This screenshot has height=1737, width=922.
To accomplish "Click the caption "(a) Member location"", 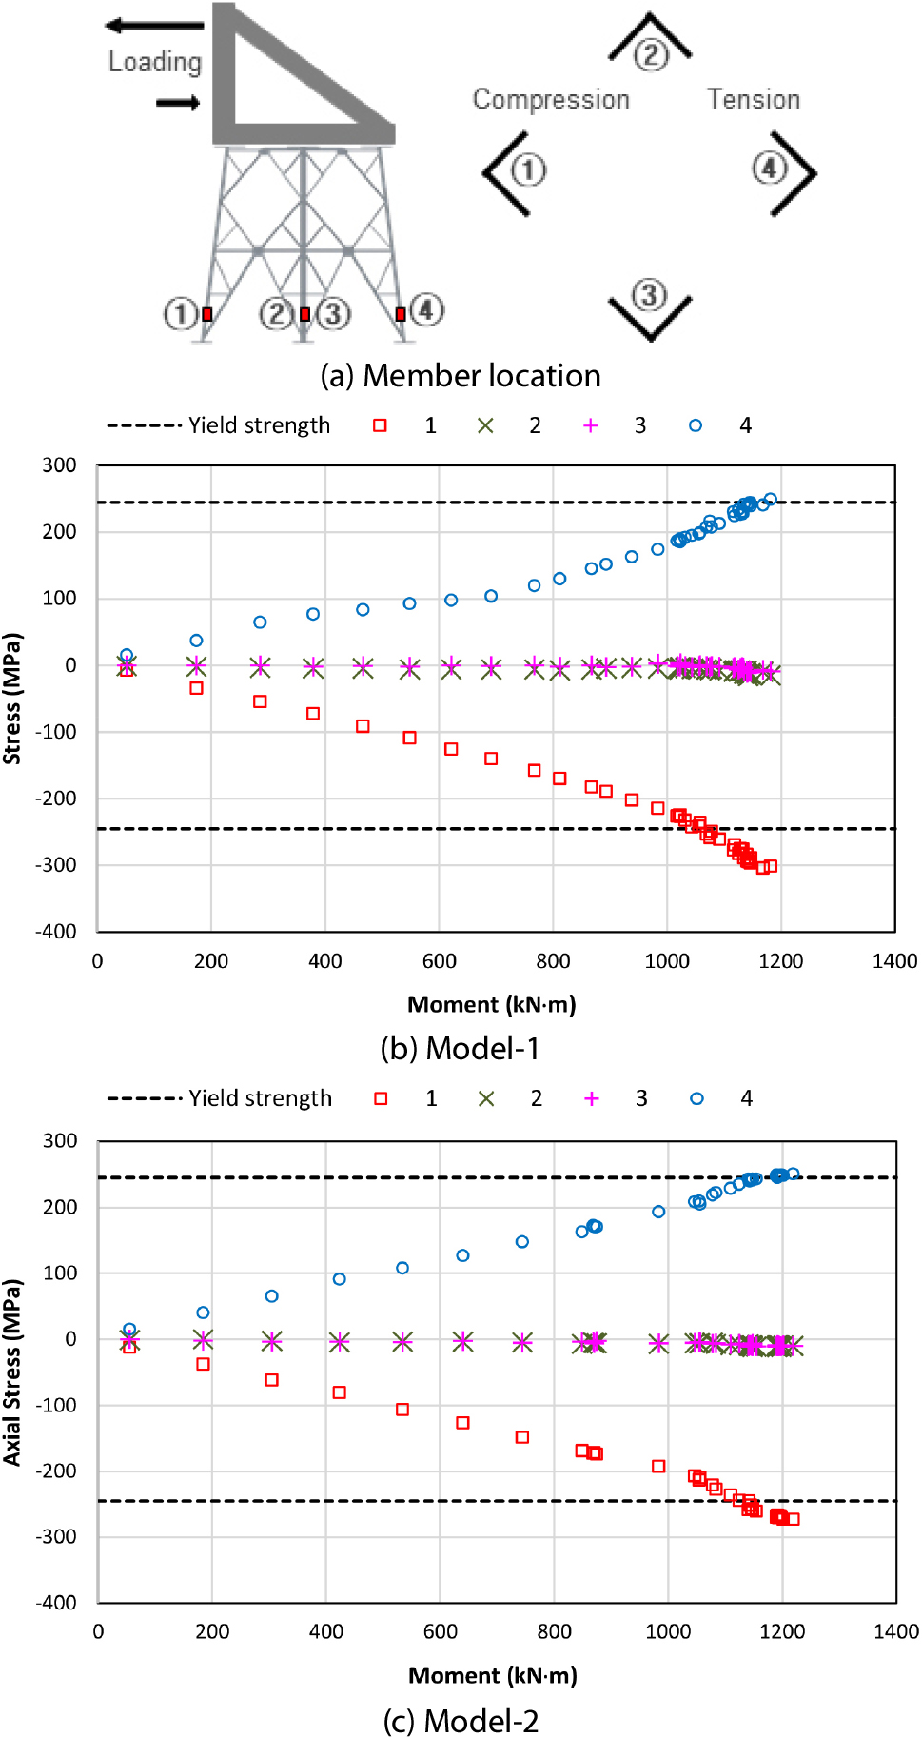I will (x=461, y=376).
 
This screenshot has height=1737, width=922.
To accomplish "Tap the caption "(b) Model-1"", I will (x=461, y=1048).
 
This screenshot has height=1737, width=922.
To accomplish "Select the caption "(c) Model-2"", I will (x=461, y=1721).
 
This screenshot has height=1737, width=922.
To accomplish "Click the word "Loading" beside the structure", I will (x=155, y=63).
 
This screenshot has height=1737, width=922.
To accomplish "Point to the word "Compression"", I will (x=551, y=100).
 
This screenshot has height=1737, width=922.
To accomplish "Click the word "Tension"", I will (x=753, y=99).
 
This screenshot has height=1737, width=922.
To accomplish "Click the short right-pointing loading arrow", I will (x=178, y=103).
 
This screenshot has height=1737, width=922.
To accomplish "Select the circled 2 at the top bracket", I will (x=651, y=54).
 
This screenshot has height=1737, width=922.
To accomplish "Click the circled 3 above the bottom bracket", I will (x=649, y=294).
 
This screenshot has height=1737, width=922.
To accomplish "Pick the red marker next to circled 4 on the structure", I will (x=401, y=314).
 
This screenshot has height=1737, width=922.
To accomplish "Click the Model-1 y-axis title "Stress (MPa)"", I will (x=12, y=699).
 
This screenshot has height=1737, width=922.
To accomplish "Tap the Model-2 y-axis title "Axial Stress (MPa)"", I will (x=12, y=1372).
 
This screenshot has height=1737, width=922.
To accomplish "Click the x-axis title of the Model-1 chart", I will (x=492, y=1004).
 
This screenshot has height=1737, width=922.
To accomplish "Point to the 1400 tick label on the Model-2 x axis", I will (x=895, y=1631).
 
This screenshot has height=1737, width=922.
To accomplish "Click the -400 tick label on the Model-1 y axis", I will (x=56, y=931).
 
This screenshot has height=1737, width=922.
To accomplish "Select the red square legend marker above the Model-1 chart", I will (x=380, y=425).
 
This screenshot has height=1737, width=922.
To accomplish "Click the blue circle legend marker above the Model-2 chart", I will (x=696, y=1098).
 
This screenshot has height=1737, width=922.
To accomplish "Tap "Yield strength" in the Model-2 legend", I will (x=260, y=1098).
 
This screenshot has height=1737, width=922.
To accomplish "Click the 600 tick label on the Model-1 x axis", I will (x=439, y=961).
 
